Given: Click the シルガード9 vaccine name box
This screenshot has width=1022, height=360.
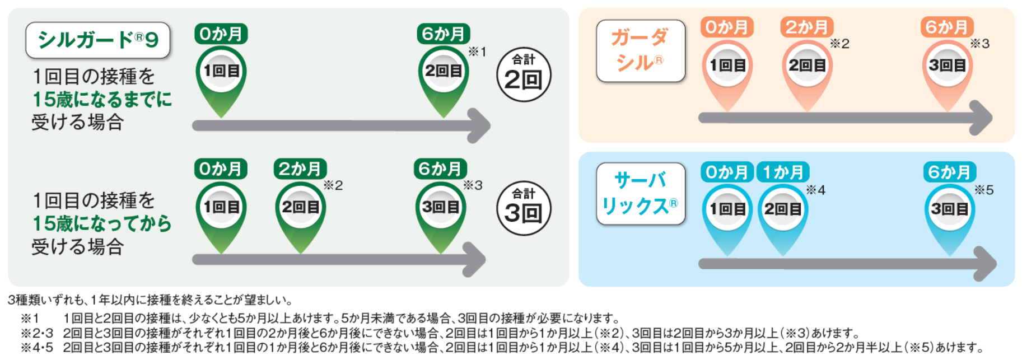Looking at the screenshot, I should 97,40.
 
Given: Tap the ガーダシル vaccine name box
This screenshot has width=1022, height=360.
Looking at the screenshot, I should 640,51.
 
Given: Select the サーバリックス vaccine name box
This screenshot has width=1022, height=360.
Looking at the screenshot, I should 640,194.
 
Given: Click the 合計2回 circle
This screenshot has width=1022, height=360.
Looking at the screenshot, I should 524,74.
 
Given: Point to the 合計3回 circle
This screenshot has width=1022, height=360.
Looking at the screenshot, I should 524,208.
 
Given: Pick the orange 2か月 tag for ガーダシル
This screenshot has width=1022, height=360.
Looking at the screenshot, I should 806,27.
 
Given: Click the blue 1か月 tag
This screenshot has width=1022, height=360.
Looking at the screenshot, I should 783,172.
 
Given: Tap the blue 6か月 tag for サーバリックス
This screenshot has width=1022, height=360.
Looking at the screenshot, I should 949,172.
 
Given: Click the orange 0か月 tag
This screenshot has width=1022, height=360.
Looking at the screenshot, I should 726,27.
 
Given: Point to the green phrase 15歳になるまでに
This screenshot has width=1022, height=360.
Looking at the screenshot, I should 102,100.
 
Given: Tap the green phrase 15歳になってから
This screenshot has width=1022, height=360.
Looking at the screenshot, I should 102,223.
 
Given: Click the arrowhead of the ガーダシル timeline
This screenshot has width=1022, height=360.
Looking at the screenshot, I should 981,118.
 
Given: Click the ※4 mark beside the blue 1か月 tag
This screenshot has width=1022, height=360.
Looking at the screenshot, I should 815,190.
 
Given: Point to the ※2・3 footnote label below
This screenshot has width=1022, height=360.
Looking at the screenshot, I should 37,333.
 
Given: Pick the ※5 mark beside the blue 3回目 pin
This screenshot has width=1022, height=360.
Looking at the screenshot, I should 983,190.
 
